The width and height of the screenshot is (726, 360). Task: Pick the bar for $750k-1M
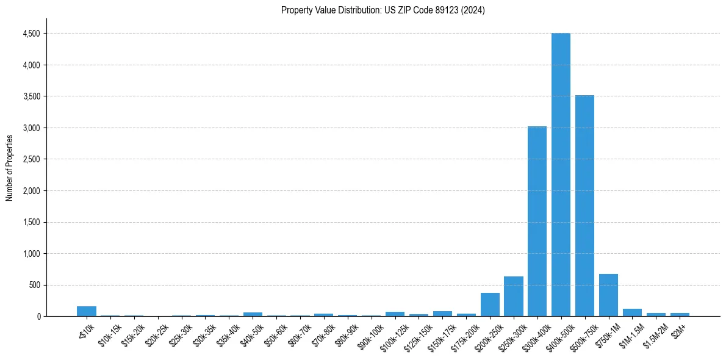[x=608, y=295]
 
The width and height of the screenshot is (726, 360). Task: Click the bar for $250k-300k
[x=514, y=297]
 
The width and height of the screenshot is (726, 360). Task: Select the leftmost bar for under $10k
[x=87, y=311]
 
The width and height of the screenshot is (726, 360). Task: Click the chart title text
[x=383, y=10]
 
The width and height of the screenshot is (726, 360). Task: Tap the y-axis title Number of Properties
[x=10, y=167]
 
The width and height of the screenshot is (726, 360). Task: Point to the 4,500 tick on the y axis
[x=30, y=34]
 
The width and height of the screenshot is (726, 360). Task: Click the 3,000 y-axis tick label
[x=30, y=128]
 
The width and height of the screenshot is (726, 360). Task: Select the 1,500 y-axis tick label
[x=30, y=222]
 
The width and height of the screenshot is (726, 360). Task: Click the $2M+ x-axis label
[x=678, y=329]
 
